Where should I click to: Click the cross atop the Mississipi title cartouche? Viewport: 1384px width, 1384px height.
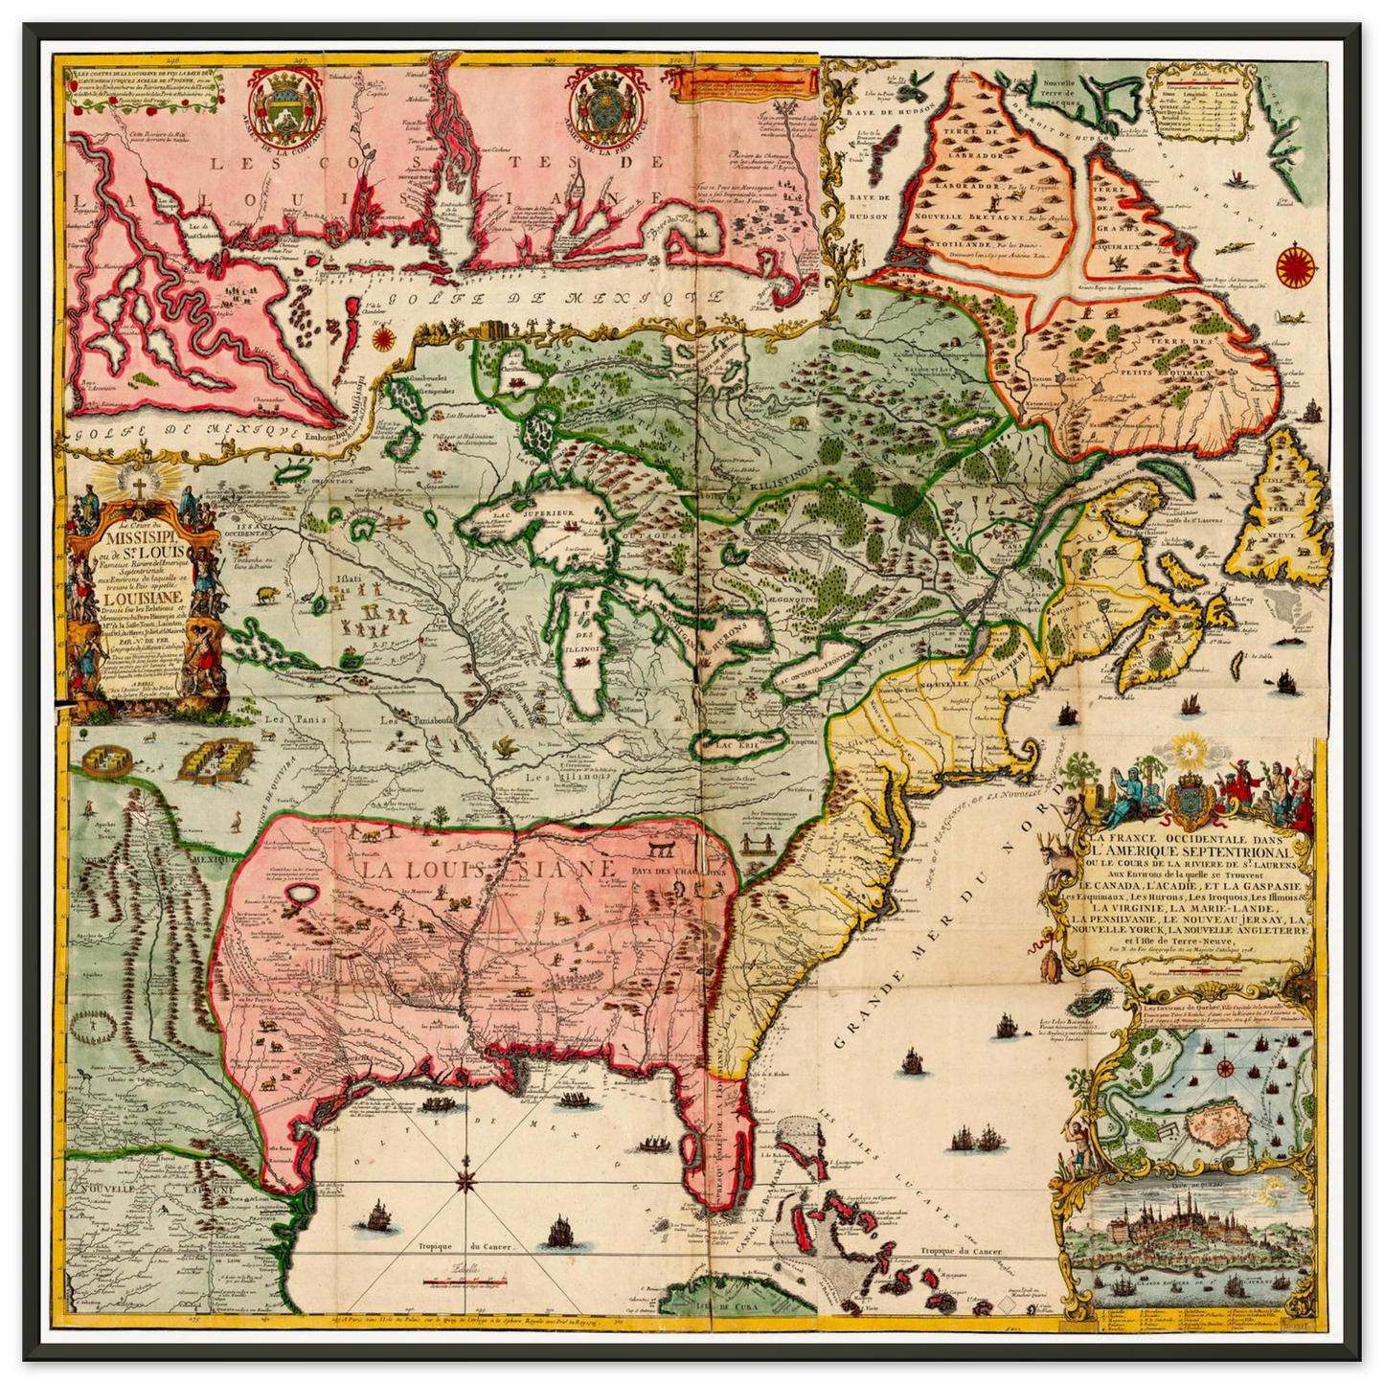coord(139,488)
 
